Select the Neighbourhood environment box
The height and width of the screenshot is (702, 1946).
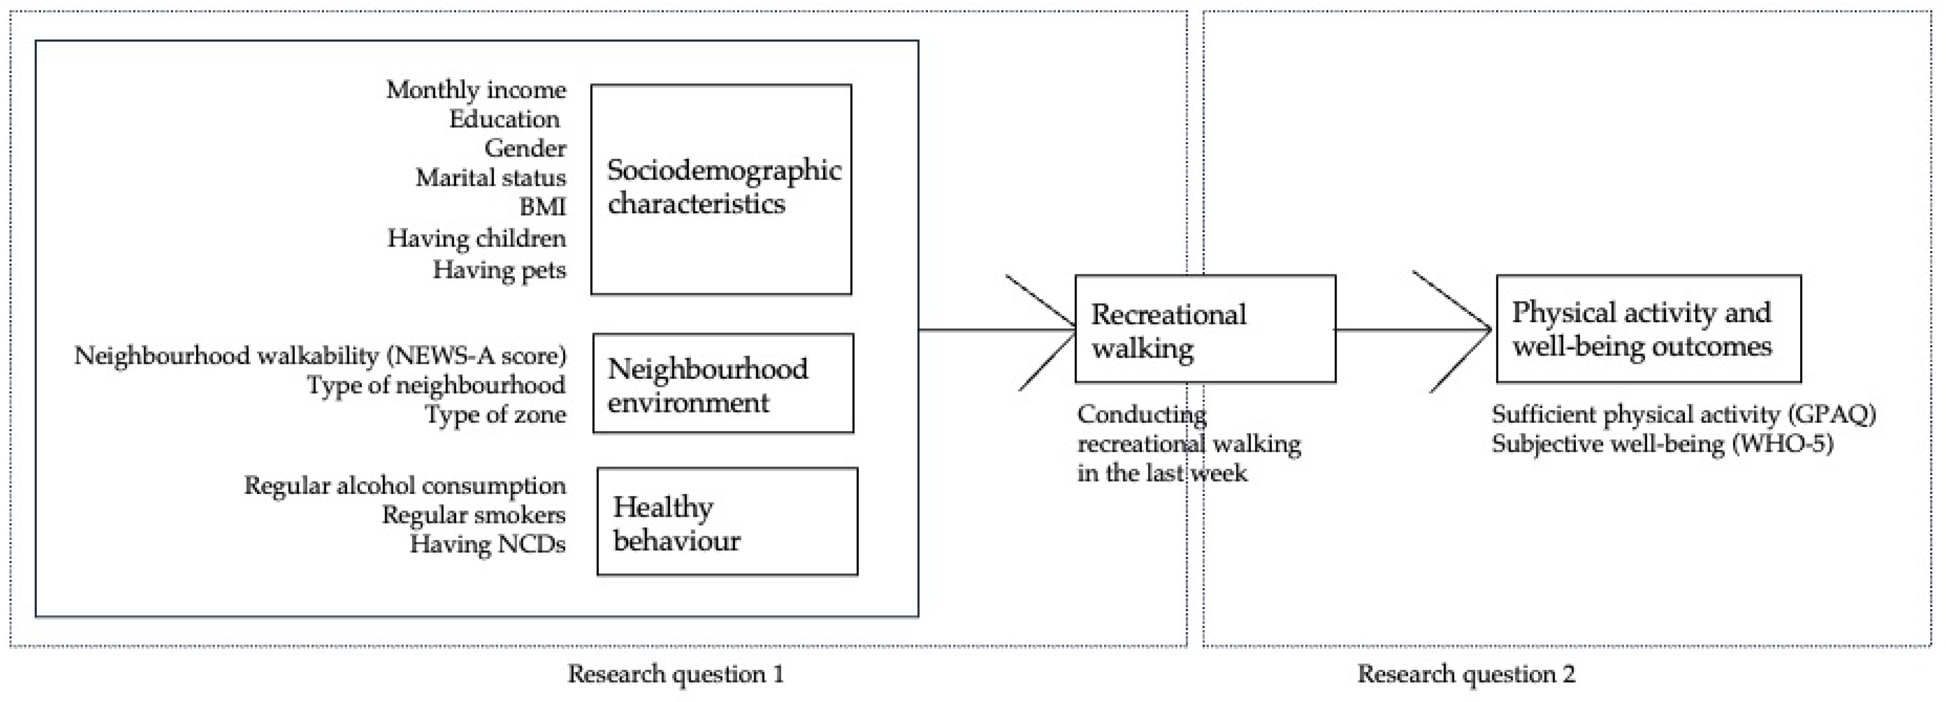coord(723,383)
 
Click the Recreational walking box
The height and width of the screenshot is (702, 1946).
coord(1205,329)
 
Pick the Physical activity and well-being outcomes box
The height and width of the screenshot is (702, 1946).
coord(1649,329)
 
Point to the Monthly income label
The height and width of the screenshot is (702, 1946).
coord(476,90)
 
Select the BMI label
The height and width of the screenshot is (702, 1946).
coord(542,207)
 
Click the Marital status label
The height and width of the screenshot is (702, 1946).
coord(491,177)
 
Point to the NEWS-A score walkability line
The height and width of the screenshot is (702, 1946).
coord(320,355)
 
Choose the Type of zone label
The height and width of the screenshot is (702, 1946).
coord(495,415)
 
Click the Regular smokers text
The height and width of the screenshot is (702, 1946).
coord(474,515)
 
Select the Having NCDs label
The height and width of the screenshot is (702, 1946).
coord(487,544)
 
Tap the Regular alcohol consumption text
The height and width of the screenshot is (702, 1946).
coord(405,485)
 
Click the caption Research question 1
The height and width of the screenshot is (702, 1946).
coord(675,673)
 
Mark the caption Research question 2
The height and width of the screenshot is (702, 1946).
coord(1465,673)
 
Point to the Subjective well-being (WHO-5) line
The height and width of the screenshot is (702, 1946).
coord(1662,444)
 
